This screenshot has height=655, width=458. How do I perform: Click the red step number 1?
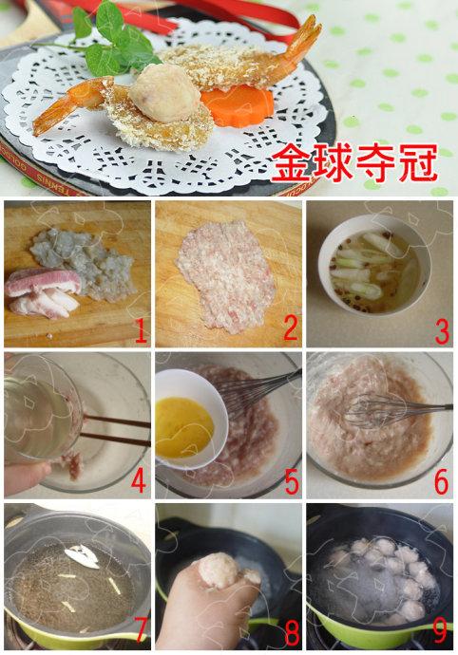pyautogui.click(x=141, y=329)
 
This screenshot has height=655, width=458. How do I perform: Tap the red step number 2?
pyautogui.click(x=291, y=328)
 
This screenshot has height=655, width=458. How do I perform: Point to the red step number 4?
pyautogui.click(x=139, y=480)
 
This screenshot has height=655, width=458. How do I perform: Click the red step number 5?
pyautogui.click(x=292, y=481)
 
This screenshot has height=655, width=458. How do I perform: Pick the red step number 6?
pyautogui.click(x=441, y=480)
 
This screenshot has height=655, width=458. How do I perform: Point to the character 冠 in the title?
pyautogui.click(x=418, y=162)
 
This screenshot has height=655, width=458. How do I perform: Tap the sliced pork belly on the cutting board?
pyautogui.click(x=44, y=292)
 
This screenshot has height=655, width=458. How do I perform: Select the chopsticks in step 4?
pyautogui.click(x=115, y=429)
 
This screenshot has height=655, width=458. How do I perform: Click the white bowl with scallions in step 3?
pyautogui.click(x=374, y=264)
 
